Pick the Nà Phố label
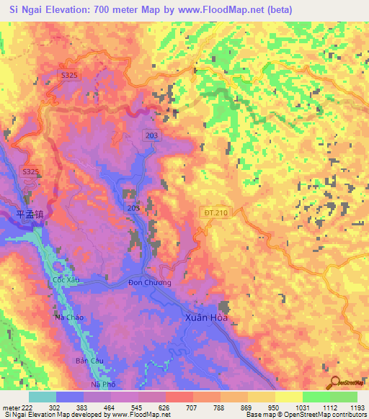coord(104,385)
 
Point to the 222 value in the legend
coord(25,406)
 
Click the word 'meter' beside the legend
coord(10,406)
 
